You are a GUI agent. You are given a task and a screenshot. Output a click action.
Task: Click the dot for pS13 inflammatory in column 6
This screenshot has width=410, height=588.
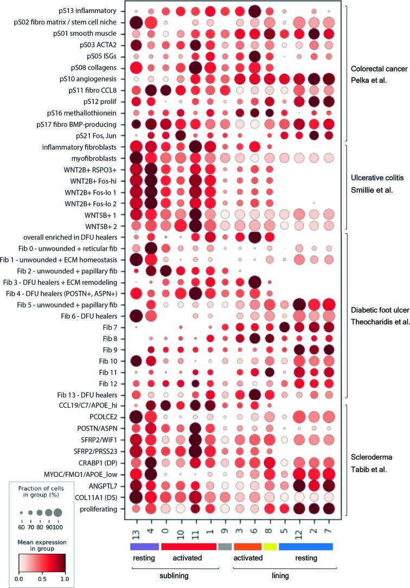pos(253,11)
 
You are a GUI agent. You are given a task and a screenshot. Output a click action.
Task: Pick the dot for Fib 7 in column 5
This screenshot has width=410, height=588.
pos(283,327)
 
